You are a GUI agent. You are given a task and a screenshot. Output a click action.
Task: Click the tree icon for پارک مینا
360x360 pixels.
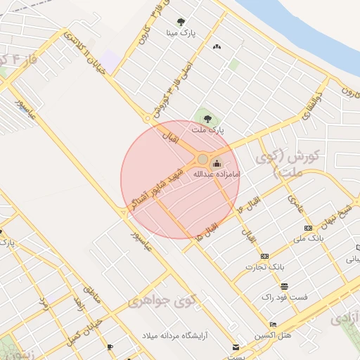(x=181, y=22)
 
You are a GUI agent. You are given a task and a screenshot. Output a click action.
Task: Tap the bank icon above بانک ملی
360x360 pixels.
(x=308, y=228)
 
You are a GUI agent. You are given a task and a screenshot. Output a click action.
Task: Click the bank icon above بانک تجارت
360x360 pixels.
(x=264, y=256)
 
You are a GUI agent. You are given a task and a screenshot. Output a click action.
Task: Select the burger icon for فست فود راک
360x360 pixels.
(x=284, y=286)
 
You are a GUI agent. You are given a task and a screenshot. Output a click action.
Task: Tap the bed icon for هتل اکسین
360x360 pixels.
(x=273, y=324)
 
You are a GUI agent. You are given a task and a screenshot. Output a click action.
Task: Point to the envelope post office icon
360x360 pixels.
(x=236, y=347)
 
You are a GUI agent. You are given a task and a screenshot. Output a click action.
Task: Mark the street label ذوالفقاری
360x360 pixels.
(x=310, y=106)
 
